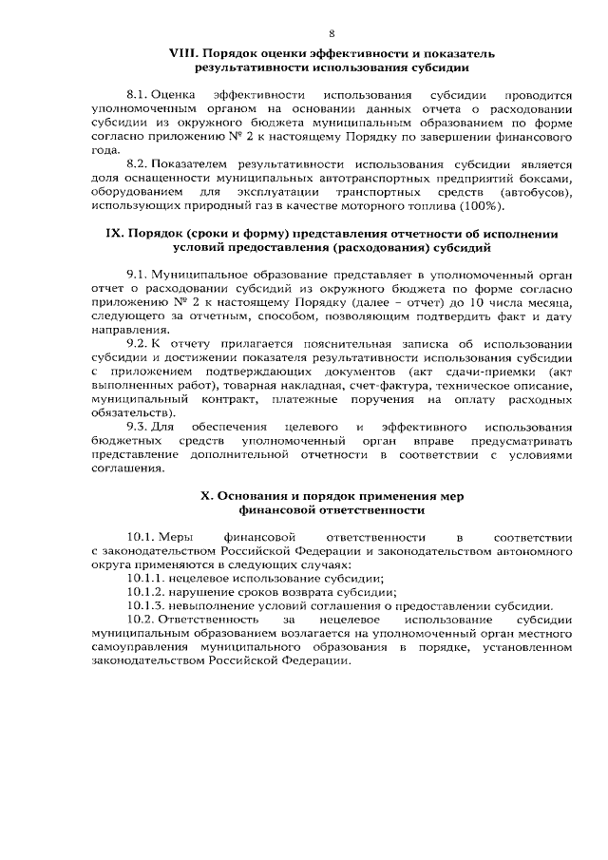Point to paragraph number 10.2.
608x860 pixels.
[142, 619]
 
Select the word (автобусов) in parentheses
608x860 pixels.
[539, 192]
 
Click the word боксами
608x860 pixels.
[546, 179]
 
